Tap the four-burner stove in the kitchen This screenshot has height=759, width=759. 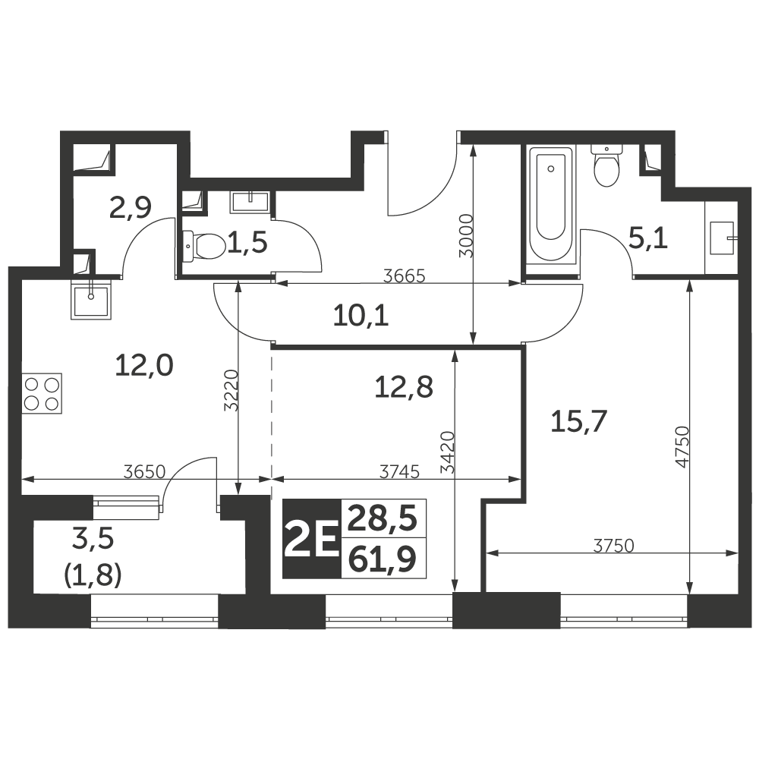42,393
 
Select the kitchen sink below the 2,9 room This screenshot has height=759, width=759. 91,300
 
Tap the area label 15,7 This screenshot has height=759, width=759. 579,421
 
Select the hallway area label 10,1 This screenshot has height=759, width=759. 361,317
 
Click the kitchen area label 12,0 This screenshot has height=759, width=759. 143,366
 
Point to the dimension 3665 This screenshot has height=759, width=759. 404,276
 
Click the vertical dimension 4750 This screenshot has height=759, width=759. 682,447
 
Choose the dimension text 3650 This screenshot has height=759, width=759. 144,471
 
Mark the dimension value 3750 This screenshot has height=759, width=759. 614,546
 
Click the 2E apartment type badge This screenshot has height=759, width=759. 312,538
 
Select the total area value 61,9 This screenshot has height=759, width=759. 383,559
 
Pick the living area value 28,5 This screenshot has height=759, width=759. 383,518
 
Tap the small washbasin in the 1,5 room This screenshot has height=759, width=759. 250,200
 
